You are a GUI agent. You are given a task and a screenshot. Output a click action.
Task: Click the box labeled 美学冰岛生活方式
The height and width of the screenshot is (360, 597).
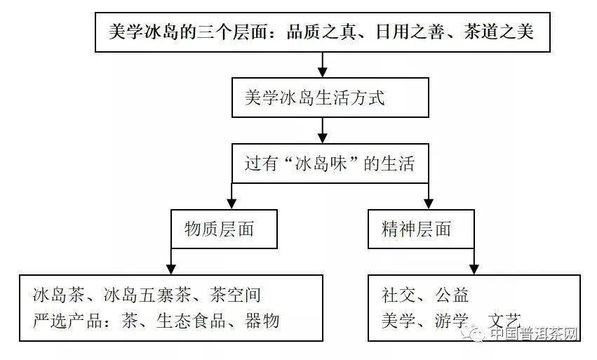(330, 98)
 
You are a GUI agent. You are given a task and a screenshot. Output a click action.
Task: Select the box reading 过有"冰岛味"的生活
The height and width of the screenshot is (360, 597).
(330, 164)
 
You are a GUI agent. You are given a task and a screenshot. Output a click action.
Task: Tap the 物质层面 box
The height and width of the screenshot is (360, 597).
(224, 229)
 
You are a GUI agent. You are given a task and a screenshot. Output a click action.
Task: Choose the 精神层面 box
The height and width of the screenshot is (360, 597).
(421, 229)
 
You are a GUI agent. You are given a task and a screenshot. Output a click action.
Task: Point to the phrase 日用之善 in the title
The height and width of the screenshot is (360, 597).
(410, 32)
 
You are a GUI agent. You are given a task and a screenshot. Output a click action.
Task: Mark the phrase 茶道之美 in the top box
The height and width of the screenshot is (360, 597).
(498, 32)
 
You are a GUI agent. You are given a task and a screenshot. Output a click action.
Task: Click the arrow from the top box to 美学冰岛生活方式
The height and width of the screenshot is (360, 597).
(323, 65)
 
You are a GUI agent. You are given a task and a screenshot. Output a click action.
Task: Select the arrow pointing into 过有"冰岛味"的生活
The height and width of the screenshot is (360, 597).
(323, 131)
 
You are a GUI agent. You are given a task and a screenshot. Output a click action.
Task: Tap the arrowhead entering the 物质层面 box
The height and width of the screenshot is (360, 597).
(232, 204)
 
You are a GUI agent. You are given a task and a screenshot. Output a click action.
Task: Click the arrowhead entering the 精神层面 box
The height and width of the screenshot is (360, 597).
(429, 204)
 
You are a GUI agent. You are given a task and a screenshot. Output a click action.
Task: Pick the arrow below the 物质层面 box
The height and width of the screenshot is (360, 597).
(171, 261)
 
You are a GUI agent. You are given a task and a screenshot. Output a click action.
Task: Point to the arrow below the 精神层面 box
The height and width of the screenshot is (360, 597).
(474, 261)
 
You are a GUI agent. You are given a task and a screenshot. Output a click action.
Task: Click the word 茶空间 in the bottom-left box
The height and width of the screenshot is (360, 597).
(235, 295)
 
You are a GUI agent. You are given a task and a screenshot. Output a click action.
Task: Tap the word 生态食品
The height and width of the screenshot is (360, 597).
(191, 321)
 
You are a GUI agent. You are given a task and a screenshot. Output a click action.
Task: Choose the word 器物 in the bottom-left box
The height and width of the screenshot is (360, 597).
(262, 321)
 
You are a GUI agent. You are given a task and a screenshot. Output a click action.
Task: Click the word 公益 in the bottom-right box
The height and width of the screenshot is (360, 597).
(452, 295)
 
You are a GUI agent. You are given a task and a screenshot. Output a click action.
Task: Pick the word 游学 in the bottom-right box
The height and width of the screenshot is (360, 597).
(452, 321)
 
